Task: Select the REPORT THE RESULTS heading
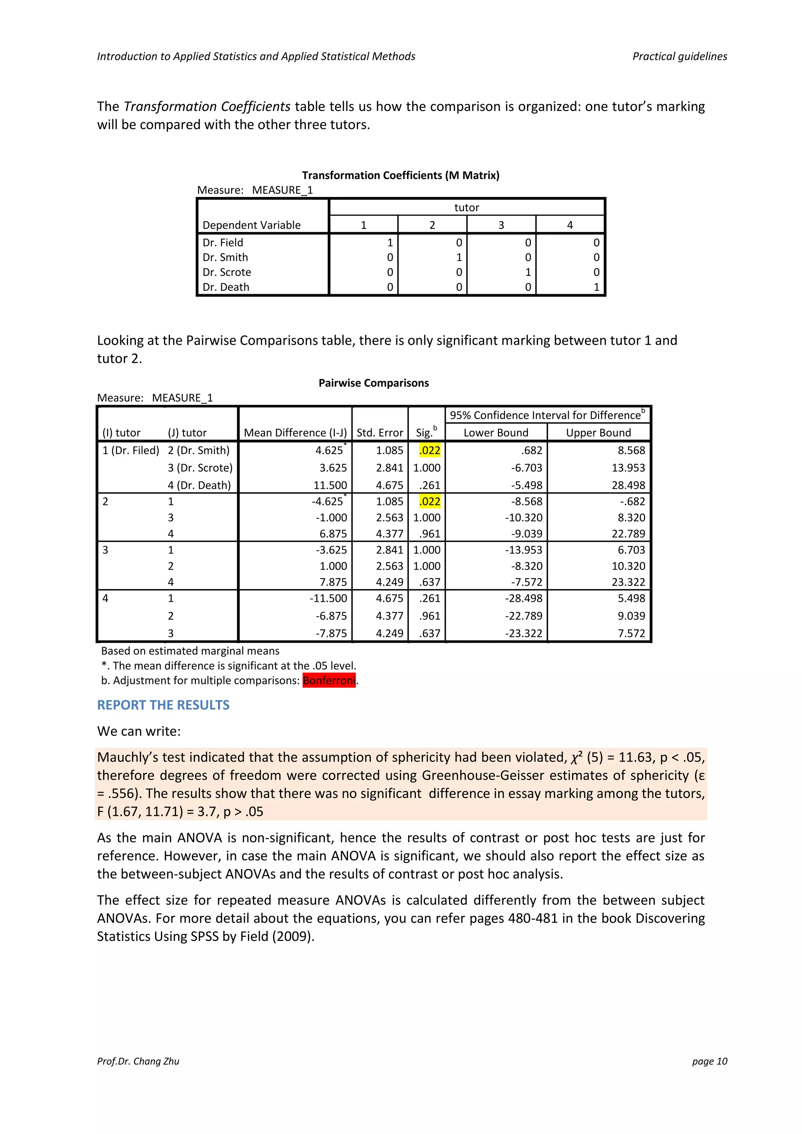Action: tap(163, 705)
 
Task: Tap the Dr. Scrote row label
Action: tap(227, 272)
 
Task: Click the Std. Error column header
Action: tap(380, 433)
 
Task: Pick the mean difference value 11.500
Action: tap(331, 485)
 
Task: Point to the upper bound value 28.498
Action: tap(628, 485)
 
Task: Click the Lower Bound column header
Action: tap(496, 433)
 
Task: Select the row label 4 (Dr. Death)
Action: tap(199, 485)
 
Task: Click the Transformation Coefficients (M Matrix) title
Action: tap(401, 175)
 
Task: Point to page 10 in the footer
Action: tap(709, 1061)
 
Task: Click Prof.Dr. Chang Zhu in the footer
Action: tap(138, 1061)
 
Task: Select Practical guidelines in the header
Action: tap(679, 56)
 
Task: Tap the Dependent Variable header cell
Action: tap(251, 225)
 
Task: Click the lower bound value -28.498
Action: tap(524, 598)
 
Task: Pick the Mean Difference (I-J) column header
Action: tap(295, 433)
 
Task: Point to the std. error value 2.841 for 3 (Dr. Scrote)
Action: tap(390, 468)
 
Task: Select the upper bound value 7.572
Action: tap(631, 633)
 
